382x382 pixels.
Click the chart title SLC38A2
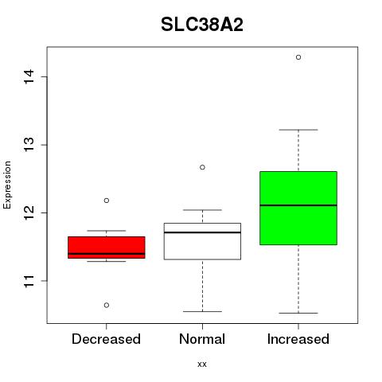tap(202, 25)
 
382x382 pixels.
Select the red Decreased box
tap(107, 248)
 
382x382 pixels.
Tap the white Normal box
tap(202, 241)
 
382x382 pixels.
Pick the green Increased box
tap(298, 208)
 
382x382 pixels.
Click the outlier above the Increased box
tap(298, 57)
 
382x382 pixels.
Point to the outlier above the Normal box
tap(202, 167)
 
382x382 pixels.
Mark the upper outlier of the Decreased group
tap(107, 201)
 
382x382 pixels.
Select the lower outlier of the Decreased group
tap(107, 305)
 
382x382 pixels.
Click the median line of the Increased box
tap(298, 205)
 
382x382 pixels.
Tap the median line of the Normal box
tap(202, 232)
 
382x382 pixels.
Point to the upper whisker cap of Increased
tap(298, 130)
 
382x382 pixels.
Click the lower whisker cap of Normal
tap(202, 311)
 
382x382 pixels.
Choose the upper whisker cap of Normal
tap(202, 210)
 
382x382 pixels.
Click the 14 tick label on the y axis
tap(29, 76)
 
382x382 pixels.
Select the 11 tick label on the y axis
tap(29, 281)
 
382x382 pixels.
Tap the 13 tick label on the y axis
tap(29, 145)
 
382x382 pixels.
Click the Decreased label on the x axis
tap(106, 339)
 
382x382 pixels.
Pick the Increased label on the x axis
tap(298, 339)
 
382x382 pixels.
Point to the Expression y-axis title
tap(7, 185)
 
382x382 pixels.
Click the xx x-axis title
tap(202, 364)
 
